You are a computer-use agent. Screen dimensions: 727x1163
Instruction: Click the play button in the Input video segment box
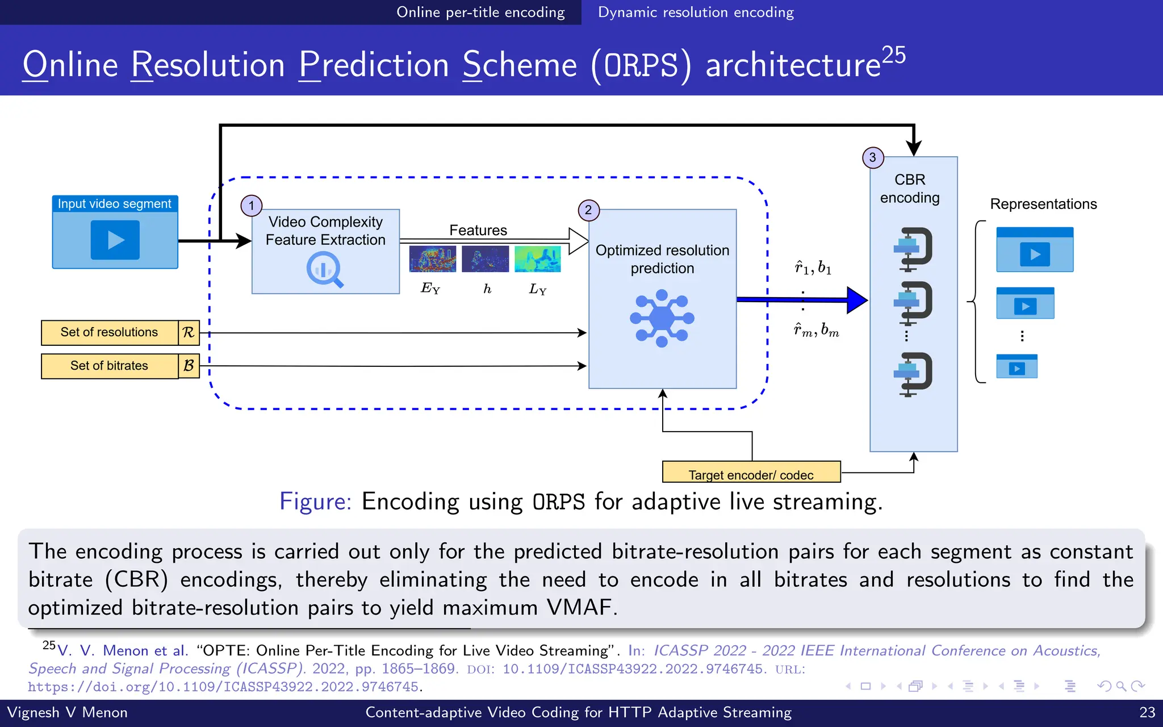coord(115,240)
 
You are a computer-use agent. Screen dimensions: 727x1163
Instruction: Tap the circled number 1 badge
coord(252,206)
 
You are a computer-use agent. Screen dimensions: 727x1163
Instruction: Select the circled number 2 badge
coord(588,210)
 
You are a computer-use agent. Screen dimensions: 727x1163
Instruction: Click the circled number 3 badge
coord(873,157)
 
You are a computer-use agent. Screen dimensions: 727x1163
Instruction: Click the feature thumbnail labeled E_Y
coord(432,259)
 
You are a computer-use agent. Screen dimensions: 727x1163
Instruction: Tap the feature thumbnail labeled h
coord(485,259)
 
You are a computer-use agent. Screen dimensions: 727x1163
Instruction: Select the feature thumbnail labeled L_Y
coord(537,259)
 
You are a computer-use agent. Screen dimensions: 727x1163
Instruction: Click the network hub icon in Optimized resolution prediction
coord(662,318)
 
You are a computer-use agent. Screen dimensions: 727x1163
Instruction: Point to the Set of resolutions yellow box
coord(110,332)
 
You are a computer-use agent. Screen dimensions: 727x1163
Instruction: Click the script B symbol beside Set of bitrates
coord(189,366)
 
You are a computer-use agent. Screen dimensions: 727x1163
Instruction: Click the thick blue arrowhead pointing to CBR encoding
coord(856,300)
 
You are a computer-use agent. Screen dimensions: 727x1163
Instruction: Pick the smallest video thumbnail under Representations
coord(1016,366)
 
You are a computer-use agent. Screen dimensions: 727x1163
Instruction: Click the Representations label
coord(1043,204)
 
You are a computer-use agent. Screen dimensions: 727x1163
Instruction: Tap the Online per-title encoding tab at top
coord(480,12)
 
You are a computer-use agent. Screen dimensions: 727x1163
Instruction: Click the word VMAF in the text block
coord(579,607)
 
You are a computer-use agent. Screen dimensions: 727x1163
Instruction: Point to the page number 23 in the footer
coord(1147,712)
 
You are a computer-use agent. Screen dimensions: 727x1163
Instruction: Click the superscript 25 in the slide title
coord(893,55)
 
